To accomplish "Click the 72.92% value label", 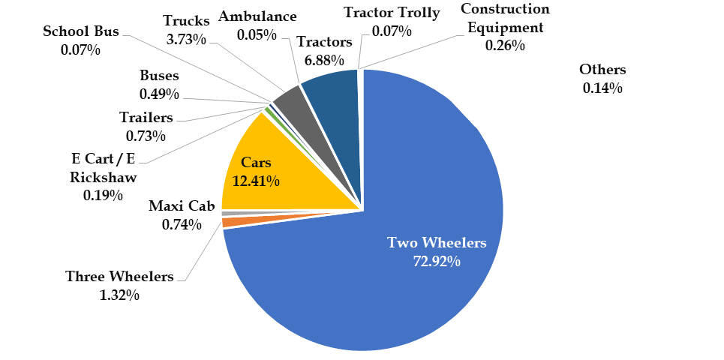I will tap(437, 261).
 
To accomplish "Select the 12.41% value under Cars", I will tap(256, 181).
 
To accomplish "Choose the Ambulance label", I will tap(256, 16).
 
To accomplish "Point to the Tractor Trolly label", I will tap(392, 13).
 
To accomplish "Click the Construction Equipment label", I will tap(504, 19).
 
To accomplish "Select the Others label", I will tap(602, 70).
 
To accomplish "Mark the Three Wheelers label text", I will tap(119, 276).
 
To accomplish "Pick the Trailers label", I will tap(146, 118).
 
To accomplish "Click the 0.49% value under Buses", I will tap(159, 94).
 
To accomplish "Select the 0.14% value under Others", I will tap(602, 88).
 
